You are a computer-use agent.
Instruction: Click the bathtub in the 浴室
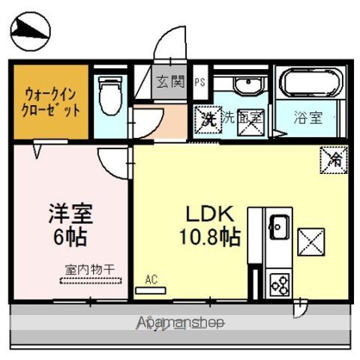point(310,84)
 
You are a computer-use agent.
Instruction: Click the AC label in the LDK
point(151,280)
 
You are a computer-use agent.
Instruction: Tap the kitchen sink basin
point(278,226)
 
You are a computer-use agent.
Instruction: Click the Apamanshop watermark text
point(181,323)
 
